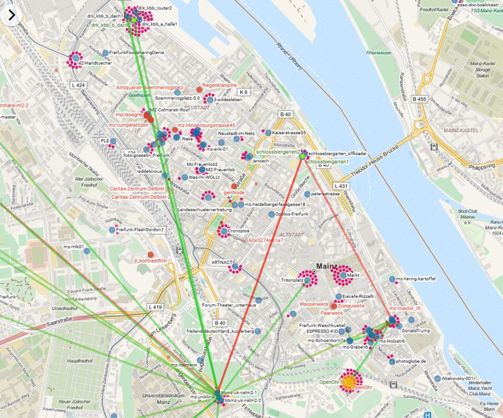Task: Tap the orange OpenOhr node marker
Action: click(349, 382)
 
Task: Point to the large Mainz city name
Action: click(327, 267)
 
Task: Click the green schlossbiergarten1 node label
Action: click(327, 162)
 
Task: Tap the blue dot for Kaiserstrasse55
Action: click(268, 133)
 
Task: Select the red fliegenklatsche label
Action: click(220, 85)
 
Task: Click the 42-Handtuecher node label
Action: click(95, 63)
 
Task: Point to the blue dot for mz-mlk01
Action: click(87, 251)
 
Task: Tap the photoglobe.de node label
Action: click(410, 362)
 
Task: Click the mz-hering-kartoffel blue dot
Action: click(392, 279)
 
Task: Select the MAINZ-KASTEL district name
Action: click(458, 130)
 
